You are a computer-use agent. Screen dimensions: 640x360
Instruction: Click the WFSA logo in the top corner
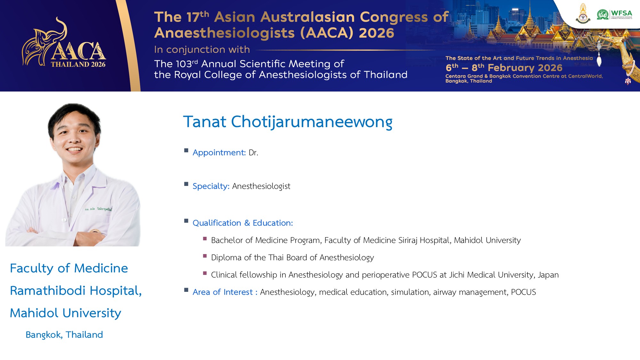pyautogui.click(x=614, y=14)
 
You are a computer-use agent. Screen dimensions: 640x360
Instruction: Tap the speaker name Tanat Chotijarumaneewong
pyautogui.click(x=288, y=122)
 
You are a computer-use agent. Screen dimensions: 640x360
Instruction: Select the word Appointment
pyautogui.click(x=219, y=153)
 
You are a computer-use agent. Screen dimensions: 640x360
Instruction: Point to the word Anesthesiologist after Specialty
pyautogui.click(x=261, y=186)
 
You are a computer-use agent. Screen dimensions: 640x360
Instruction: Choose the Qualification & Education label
pyautogui.click(x=243, y=223)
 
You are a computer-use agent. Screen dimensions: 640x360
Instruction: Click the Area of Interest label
pyautogui.click(x=225, y=292)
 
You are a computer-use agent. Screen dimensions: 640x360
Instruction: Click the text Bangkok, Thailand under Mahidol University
pyautogui.click(x=64, y=335)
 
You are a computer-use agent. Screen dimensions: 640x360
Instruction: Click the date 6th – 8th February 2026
pyautogui.click(x=504, y=68)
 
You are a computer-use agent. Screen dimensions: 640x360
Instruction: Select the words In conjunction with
pyautogui.click(x=202, y=50)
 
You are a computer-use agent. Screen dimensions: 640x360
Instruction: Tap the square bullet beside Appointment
pyautogui.click(x=186, y=150)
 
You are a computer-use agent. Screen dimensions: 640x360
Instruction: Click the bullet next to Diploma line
pyautogui.click(x=205, y=256)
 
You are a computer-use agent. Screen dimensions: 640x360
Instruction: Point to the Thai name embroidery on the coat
pyautogui.click(x=98, y=209)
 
